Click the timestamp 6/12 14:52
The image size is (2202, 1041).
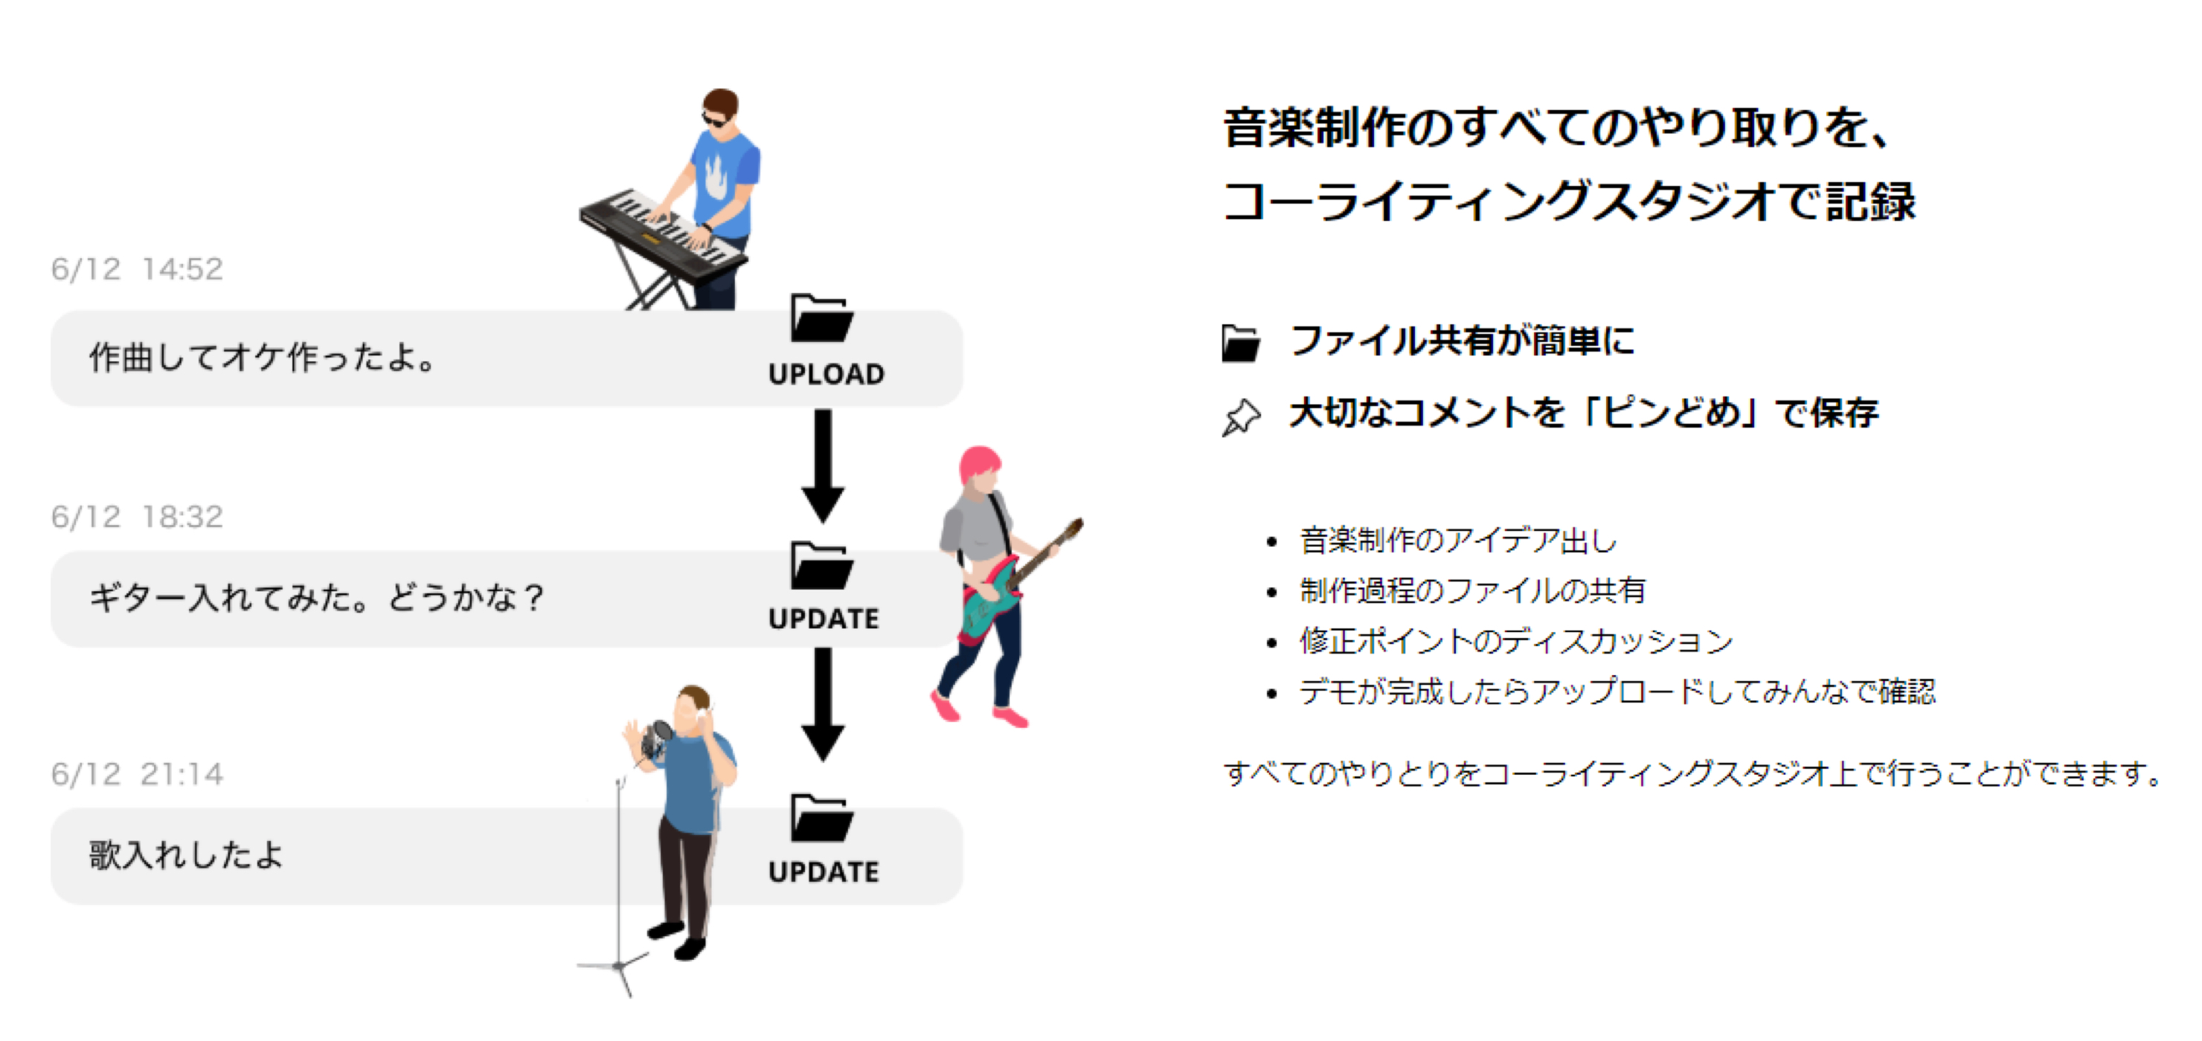coord(137,269)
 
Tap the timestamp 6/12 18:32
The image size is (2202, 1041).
coord(137,516)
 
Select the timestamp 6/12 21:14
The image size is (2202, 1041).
coord(137,773)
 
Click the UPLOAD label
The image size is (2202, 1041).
coord(826,374)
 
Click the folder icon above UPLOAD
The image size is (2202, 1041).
coord(821,318)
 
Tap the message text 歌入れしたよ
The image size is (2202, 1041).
coord(186,854)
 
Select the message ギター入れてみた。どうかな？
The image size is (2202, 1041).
coord(316,597)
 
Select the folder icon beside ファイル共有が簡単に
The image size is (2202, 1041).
coord(1240,343)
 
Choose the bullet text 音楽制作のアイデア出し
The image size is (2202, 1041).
coord(1458,540)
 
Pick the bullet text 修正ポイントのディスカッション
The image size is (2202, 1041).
coord(1515,640)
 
